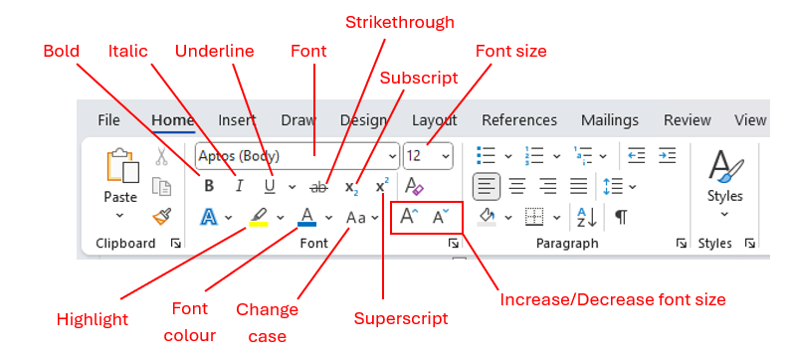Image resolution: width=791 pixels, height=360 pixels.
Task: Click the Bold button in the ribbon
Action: click(x=209, y=185)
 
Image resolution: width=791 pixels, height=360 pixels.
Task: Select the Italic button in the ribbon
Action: click(x=239, y=185)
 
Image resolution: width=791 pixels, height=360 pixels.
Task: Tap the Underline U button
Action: click(x=270, y=185)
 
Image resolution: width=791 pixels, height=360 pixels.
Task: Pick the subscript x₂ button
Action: click(x=351, y=186)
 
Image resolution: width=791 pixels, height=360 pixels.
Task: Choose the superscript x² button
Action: click(x=382, y=186)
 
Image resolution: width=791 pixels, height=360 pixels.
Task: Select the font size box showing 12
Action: click(x=419, y=156)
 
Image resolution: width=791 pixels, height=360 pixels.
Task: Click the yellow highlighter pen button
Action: click(x=258, y=216)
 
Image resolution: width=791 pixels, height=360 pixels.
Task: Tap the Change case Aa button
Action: click(x=356, y=217)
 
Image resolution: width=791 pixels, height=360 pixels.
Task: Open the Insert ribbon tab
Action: click(x=237, y=120)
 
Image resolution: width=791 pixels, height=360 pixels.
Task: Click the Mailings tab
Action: click(x=610, y=120)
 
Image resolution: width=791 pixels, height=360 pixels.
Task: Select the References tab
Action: click(x=519, y=120)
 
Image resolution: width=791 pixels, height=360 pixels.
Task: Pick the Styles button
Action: click(x=724, y=179)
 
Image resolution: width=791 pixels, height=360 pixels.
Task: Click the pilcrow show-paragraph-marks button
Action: click(x=621, y=217)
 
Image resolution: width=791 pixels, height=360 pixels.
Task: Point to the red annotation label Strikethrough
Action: click(x=399, y=21)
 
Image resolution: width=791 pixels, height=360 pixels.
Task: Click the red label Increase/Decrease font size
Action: click(x=613, y=298)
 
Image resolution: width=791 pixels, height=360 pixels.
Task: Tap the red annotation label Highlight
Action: click(x=93, y=319)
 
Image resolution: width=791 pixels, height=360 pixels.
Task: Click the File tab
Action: click(x=109, y=120)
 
